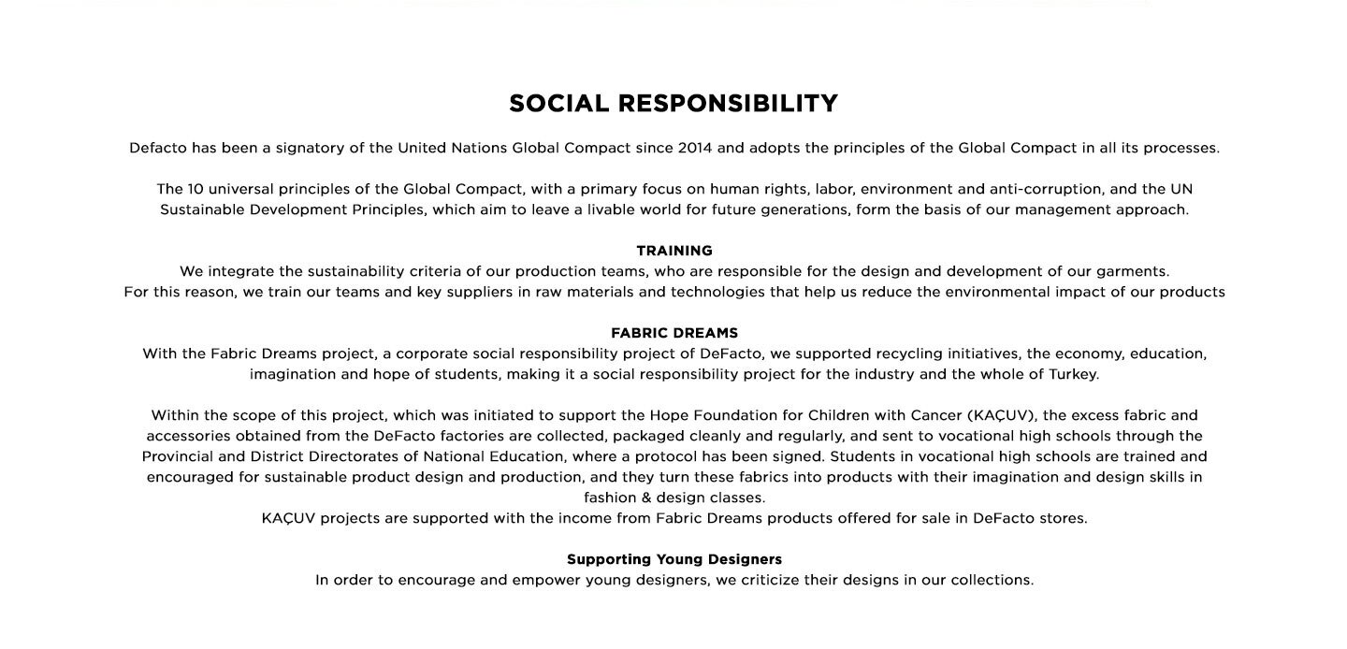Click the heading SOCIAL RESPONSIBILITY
click(673, 103)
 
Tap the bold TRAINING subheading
click(674, 251)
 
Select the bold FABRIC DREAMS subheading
click(674, 333)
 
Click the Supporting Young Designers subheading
click(674, 559)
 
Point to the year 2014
click(695, 148)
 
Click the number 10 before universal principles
click(196, 189)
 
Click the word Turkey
click(1073, 374)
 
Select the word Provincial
click(178, 456)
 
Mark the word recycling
click(904, 353)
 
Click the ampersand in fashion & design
click(646, 498)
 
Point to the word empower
click(547, 580)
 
